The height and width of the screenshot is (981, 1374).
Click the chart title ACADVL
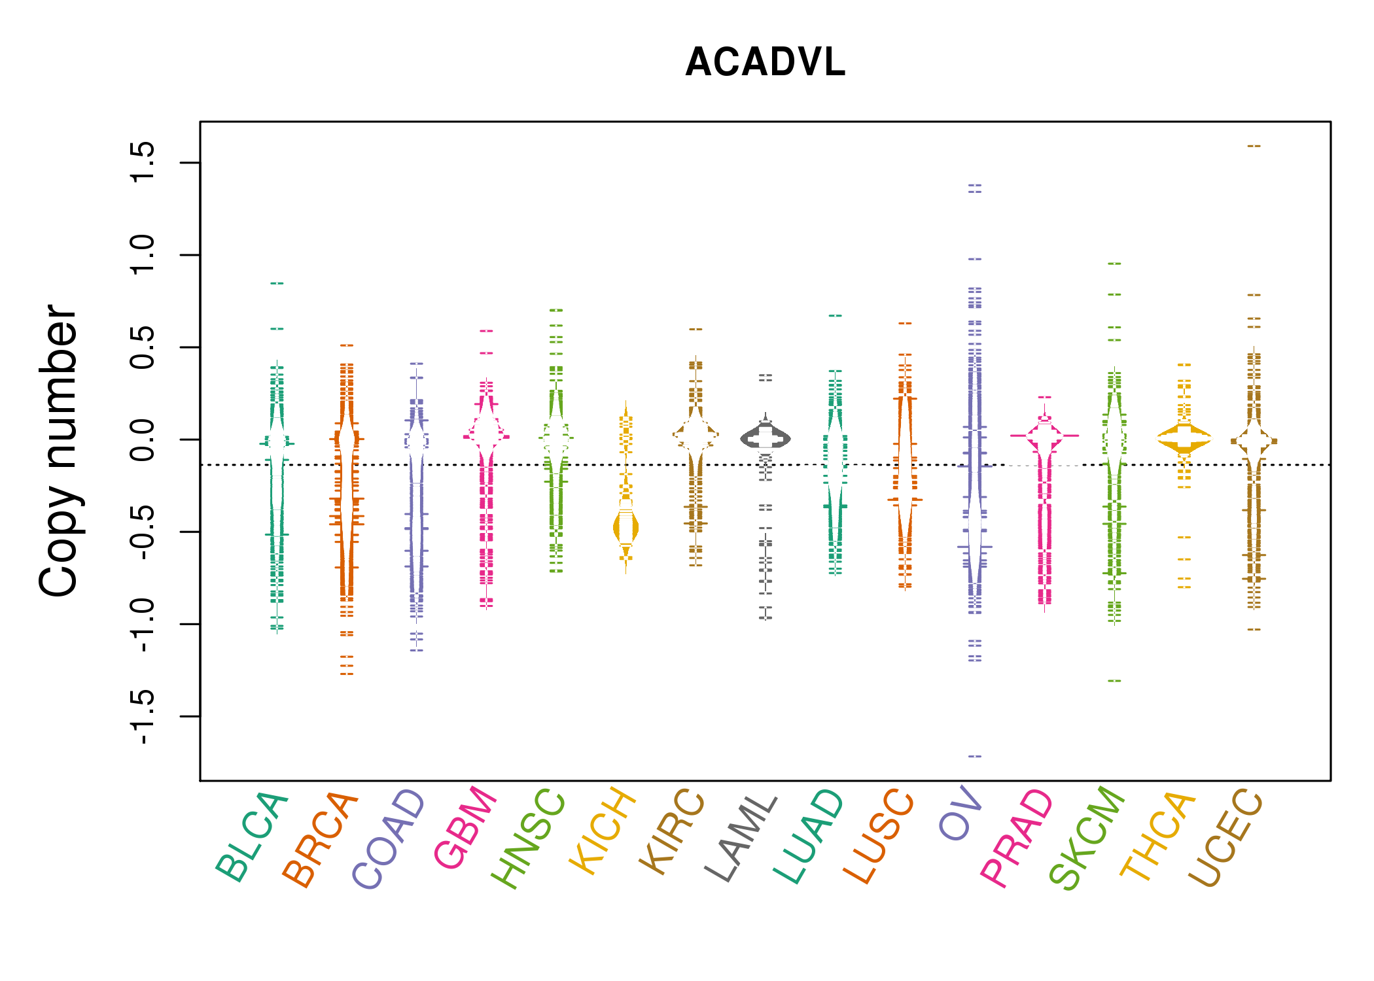tap(765, 63)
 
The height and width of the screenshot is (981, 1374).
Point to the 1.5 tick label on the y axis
tap(142, 162)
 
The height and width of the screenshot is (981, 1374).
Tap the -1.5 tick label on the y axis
tap(142, 717)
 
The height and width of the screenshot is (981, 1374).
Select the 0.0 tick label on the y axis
tap(142, 439)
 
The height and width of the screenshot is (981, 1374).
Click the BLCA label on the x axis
tap(253, 837)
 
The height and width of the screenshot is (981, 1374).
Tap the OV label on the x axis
tap(960, 815)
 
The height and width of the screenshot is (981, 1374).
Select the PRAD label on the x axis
tap(1017, 838)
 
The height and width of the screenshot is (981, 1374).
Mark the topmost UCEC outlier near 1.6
tap(1254, 146)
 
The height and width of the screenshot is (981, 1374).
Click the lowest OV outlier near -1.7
tap(975, 757)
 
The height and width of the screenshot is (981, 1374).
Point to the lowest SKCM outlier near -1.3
tap(1114, 681)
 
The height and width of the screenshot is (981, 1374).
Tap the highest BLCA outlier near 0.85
tap(277, 283)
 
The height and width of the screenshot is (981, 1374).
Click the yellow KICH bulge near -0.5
tap(626, 528)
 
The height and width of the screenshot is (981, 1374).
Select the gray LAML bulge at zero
tap(766, 438)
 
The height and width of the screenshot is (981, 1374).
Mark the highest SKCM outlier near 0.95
tap(1114, 264)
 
